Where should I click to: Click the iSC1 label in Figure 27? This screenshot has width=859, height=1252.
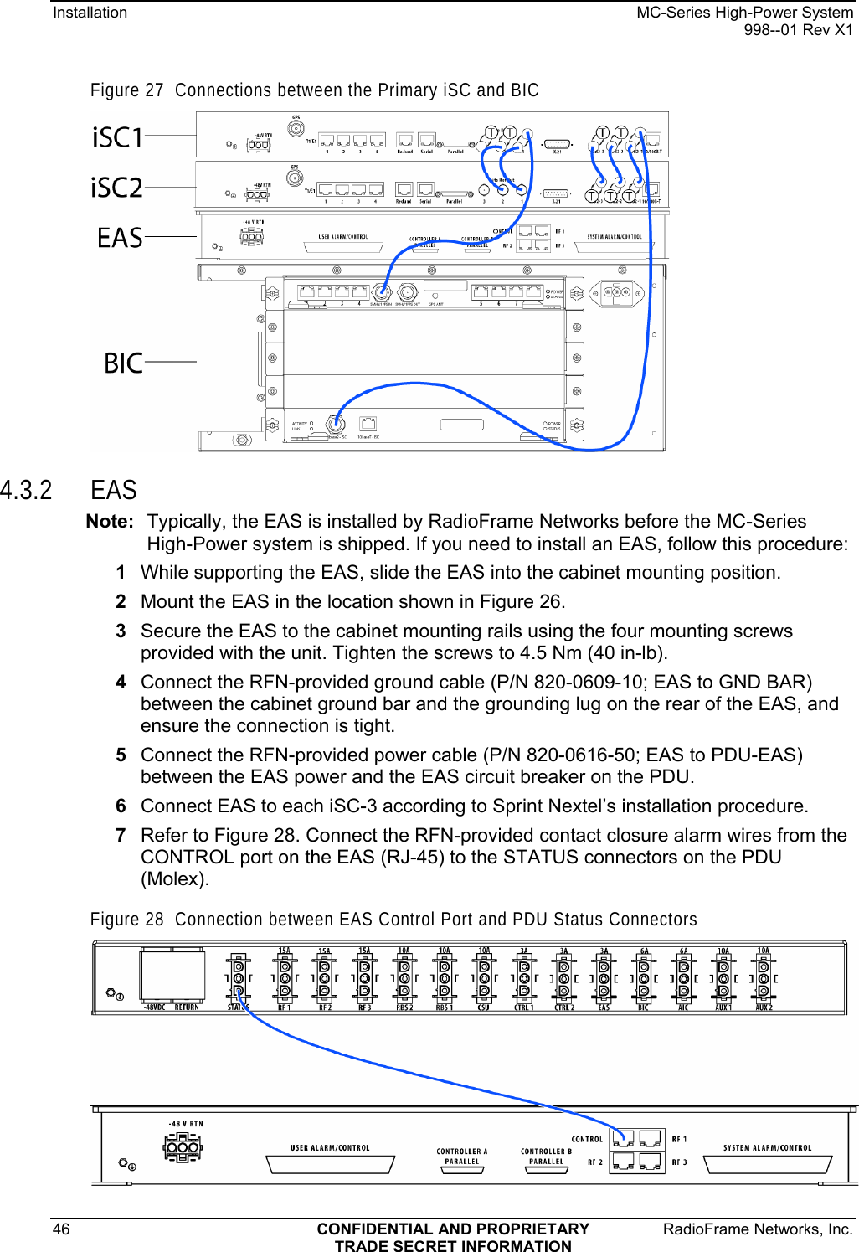117,137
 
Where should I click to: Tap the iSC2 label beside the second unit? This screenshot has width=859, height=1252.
116,188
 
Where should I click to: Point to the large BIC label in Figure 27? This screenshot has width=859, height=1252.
123,363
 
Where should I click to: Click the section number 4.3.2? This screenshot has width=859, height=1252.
27,490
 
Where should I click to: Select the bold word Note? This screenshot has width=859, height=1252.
110,522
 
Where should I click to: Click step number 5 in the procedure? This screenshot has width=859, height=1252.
121,755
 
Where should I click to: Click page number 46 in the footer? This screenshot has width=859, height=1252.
61,1229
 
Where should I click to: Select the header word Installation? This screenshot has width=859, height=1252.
90,13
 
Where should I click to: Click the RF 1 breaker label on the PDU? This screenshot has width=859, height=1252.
285,1007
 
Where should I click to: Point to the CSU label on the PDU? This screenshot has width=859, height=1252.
484,1007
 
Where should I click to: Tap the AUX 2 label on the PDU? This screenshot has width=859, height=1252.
764,1007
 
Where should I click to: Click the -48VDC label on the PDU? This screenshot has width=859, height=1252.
154,1007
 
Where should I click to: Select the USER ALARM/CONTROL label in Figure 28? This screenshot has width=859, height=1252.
330,1148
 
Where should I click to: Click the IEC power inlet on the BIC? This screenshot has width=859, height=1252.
616,294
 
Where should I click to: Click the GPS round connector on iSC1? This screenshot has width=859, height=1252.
296,129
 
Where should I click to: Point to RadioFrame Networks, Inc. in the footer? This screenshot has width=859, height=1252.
758,1229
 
